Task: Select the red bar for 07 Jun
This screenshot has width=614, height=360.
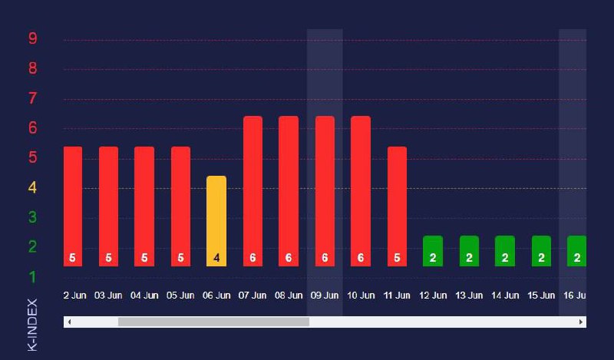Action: pos(253,191)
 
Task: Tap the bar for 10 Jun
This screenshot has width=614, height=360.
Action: pos(361,191)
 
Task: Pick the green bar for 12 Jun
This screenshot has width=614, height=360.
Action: pos(433,251)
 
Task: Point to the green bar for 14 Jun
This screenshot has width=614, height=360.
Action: pos(505,251)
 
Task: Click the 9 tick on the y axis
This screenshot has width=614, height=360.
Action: pos(32,38)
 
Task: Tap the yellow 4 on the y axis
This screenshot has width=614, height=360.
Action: pos(32,187)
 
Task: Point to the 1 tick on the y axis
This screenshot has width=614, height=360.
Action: pos(32,276)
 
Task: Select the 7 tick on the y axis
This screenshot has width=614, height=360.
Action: pos(32,98)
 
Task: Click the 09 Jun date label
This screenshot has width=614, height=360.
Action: pos(325,295)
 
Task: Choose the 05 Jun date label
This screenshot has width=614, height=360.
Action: pos(180,295)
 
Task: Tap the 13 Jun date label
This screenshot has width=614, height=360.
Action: pos(469,295)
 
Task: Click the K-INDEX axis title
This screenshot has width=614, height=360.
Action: pos(32,324)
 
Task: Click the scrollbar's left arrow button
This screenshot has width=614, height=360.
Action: pos(69,322)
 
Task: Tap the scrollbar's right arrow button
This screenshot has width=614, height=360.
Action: pos(581,322)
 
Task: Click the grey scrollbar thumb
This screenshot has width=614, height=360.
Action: pos(213,322)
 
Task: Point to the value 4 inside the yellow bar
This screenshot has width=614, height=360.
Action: pos(216,258)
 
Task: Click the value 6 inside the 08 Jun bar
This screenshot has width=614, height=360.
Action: pos(289,258)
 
